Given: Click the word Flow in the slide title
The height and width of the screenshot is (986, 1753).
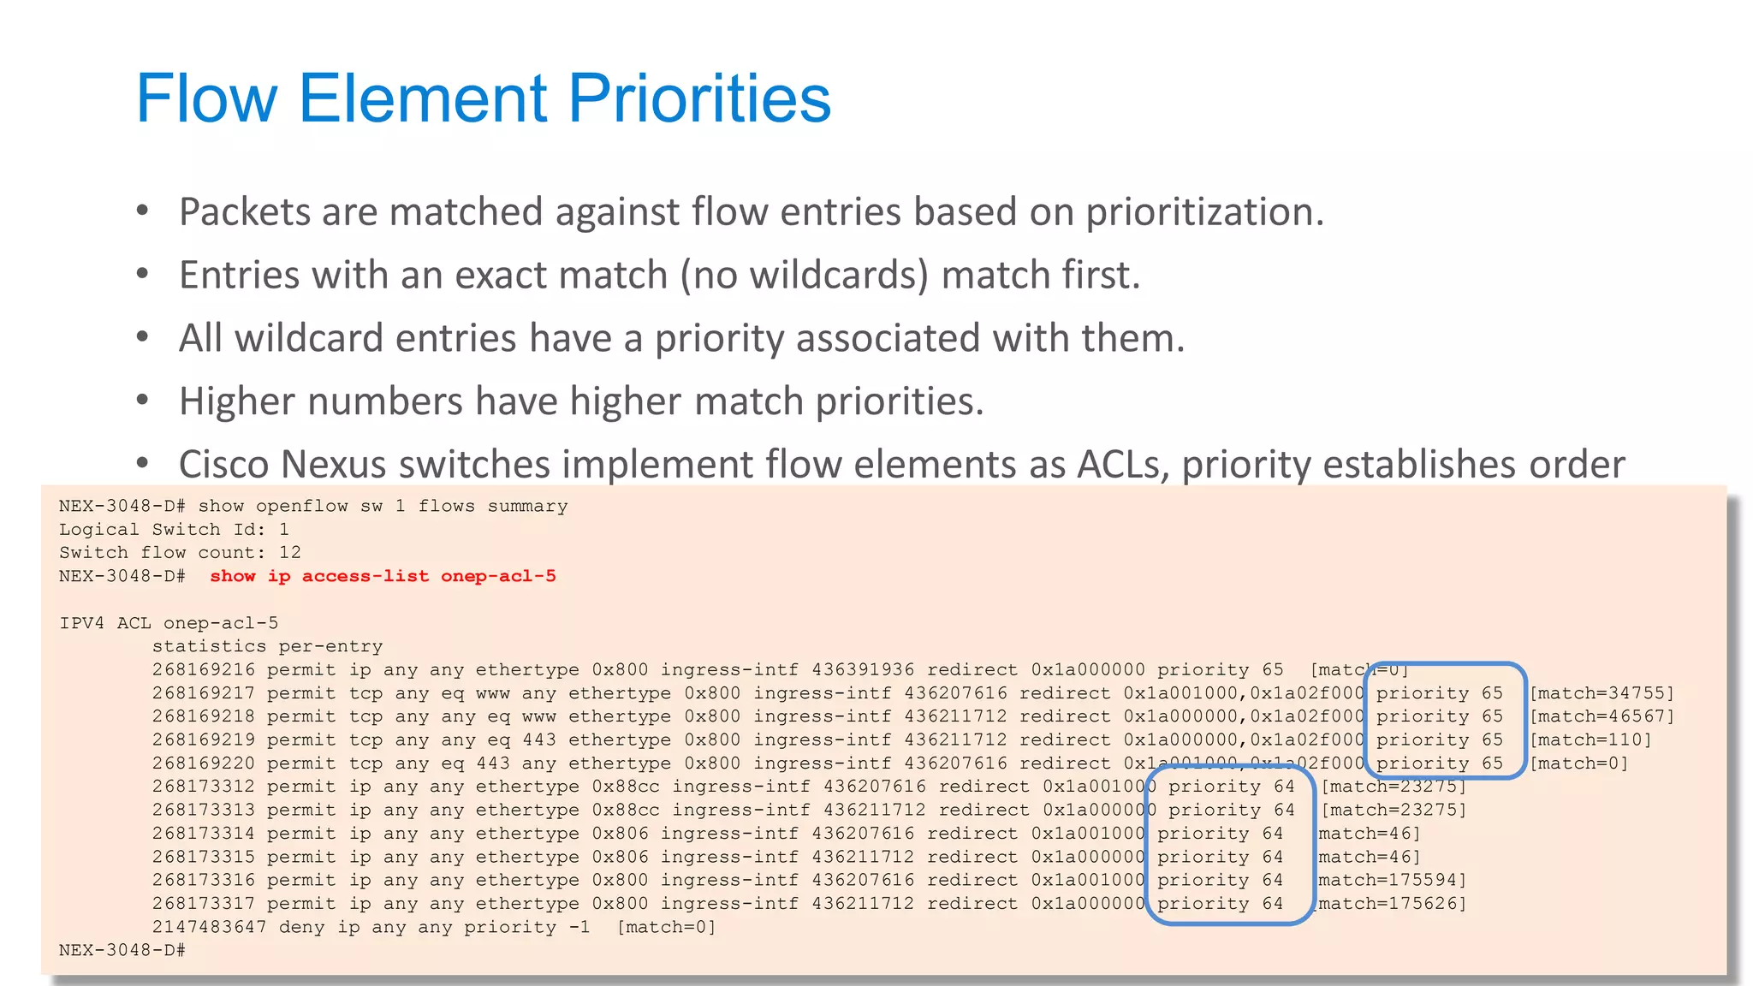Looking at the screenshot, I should pyautogui.click(x=206, y=98).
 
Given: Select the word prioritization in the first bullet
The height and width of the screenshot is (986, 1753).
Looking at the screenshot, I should pyautogui.click(x=1204, y=212).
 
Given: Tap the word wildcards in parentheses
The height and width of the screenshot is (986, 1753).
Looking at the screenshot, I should pyautogui.click(x=838, y=276).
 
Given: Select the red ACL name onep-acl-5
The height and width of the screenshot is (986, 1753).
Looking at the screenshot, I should pyautogui.click(x=498, y=576).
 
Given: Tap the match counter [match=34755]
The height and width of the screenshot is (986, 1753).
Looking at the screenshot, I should pyautogui.click(x=1601, y=693).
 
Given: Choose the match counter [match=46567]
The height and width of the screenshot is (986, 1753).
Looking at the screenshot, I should pyautogui.click(x=1601, y=716).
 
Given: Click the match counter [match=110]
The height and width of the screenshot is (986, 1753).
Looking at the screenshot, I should pyautogui.click(x=1590, y=739).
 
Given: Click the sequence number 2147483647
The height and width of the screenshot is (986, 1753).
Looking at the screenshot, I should pyautogui.click(x=209, y=927).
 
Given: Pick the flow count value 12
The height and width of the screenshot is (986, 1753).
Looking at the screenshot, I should pyautogui.click(x=289, y=553).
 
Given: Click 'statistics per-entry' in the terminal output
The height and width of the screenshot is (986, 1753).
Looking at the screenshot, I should pyautogui.click(x=267, y=646).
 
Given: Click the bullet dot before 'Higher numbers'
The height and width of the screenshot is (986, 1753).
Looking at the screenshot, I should pyautogui.click(x=142, y=400).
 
